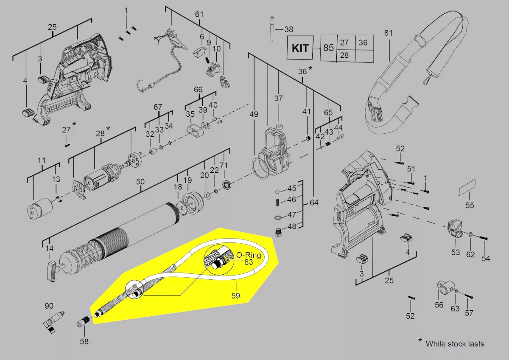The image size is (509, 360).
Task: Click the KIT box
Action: [300, 48]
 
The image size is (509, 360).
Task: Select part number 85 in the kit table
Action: [329, 48]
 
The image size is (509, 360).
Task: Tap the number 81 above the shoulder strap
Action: [389, 33]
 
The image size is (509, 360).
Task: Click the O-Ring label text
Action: [249, 255]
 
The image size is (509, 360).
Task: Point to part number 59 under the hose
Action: [236, 295]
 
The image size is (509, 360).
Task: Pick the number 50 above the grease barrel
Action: [140, 181]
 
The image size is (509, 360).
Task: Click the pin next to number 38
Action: [271, 28]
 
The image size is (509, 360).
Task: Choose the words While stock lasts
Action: [455, 343]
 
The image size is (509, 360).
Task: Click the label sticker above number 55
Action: [467, 187]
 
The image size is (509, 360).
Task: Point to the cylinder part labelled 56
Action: [446, 288]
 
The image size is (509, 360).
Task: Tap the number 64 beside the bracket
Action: [314, 202]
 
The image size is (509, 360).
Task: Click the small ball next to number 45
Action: [277, 191]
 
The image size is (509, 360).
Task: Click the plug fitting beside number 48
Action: [278, 232]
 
